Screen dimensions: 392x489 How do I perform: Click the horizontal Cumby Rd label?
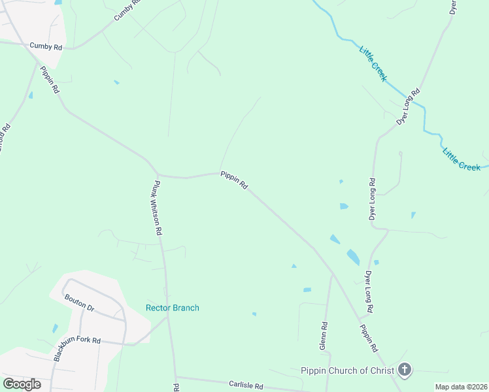[x=46, y=47]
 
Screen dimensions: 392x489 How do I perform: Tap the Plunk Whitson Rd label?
[x=158, y=207]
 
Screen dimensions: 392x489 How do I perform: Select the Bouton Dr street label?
[x=80, y=302]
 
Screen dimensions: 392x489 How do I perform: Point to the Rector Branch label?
[x=172, y=308]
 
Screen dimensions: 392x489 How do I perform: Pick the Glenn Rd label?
[x=324, y=334]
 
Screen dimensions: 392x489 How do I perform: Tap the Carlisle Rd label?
[x=245, y=385]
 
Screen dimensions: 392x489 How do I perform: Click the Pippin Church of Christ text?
[x=348, y=370]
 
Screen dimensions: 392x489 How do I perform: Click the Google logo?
[x=22, y=384]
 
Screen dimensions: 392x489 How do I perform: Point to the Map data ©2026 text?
[x=461, y=387]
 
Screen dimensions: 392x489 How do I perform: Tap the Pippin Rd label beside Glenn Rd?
[x=369, y=335]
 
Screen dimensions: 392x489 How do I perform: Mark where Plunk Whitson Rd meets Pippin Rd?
[x=158, y=175]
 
